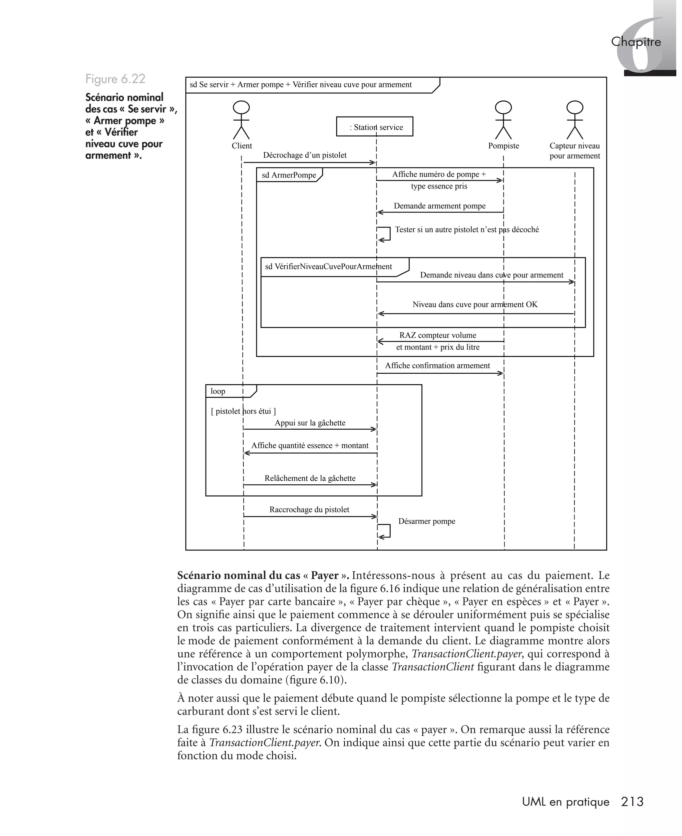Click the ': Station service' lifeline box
[374, 127]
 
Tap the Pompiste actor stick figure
[503, 120]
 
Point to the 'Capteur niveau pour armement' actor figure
[574, 120]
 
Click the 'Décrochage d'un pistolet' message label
[304, 155]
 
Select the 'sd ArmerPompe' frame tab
[289, 175]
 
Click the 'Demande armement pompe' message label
[439, 206]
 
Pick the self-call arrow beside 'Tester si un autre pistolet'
[385, 233]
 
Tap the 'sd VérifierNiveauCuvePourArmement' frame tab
[328, 267]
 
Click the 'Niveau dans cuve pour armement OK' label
[475, 304]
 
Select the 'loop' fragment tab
[218, 391]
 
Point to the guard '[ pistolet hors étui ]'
[243, 411]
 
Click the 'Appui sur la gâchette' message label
[310, 423]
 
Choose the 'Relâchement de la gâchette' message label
[310, 478]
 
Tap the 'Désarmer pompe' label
[427, 521]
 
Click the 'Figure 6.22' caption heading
[115, 79]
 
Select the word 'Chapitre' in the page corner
[636, 42]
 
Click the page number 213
[632, 801]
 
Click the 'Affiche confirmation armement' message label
[437, 365]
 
